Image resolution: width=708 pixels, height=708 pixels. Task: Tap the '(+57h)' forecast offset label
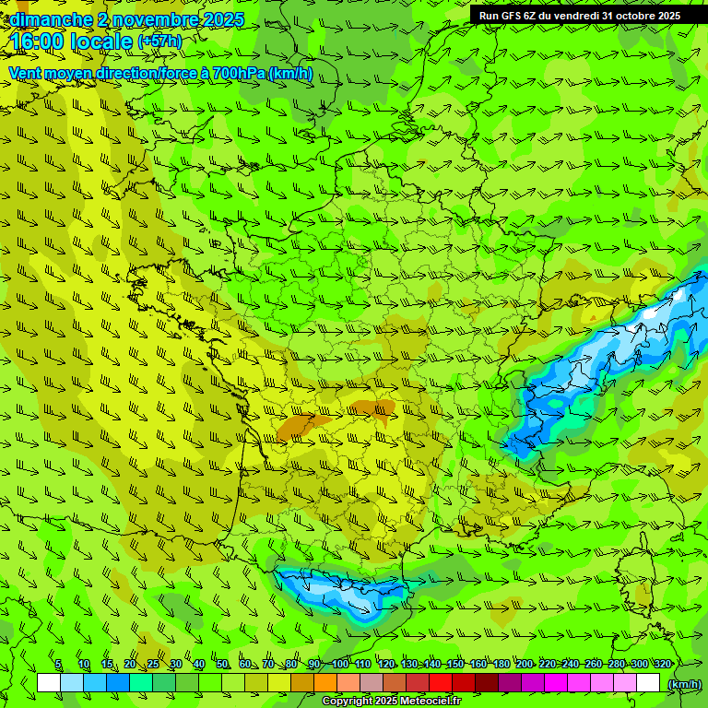(x=159, y=41)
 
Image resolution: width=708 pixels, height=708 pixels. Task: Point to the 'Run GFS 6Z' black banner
(x=580, y=15)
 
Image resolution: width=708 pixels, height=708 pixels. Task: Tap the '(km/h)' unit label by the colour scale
(x=683, y=683)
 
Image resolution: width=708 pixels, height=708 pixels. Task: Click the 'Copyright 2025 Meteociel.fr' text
(x=392, y=701)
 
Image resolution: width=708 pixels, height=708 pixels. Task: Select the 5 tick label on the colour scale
(x=58, y=664)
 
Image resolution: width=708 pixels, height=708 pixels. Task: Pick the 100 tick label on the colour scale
(x=340, y=664)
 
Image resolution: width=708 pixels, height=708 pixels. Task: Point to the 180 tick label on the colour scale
(x=501, y=664)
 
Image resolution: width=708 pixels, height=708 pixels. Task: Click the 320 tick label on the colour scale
(x=662, y=664)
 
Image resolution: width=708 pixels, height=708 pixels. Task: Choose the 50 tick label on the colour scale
(x=222, y=664)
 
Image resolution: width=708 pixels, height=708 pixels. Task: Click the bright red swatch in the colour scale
(x=441, y=683)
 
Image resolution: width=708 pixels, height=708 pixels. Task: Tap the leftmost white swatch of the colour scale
(x=49, y=683)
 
